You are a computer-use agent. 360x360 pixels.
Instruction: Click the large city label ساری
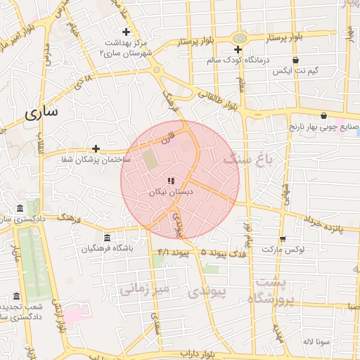pyautogui.click(x=41, y=112)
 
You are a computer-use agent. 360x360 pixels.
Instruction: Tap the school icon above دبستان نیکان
pyautogui.click(x=171, y=181)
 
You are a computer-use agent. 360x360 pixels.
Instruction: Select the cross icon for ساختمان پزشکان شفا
pyautogui.click(x=96, y=148)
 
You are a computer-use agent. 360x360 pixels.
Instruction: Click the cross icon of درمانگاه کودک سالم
pyautogui.click(x=238, y=49)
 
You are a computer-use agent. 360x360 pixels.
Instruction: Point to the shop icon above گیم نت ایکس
pyautogui.click(x=295, y=60)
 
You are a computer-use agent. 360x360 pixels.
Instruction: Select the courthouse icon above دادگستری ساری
pyautogui.click(x=19, y=209)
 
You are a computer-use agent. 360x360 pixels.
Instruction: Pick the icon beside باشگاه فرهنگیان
pyautogui.click(x=106, y=237)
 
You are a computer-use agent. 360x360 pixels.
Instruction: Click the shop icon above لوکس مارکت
pyautogui.click(x=282, y=239)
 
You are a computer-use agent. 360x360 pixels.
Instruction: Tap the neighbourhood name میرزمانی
pyautogui.click(x=145, y=289)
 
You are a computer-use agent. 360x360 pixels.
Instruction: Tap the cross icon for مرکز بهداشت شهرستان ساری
pyautogui.click(x=126, y=32)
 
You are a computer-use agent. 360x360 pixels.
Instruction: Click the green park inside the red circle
pyautogui.click(x=151, y=159)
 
